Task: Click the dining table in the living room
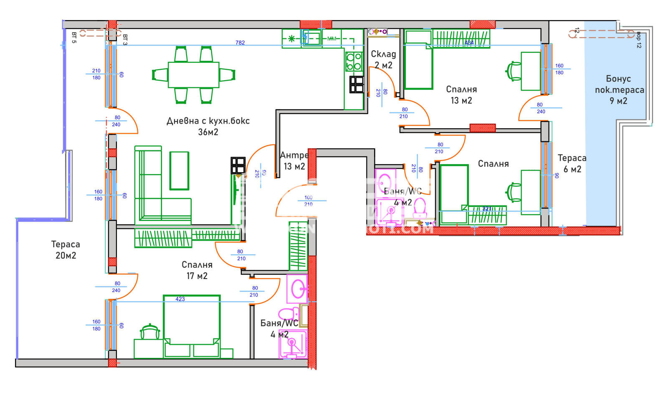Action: pos(193,75)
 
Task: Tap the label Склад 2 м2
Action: pos(383,59)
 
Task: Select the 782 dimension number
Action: pos(240,43)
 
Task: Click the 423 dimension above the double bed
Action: pos(180,299)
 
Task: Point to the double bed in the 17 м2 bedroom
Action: pos(192,326)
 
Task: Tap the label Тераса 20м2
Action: pos(66,250)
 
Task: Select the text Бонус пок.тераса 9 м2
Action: pos(619,90)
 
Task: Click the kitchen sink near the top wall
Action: pos(311,38)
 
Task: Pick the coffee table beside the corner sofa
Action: pos(179,170)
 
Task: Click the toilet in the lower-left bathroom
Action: pos(288,313)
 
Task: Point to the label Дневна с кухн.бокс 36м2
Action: pos(208,126)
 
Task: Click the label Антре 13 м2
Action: pos(294,161)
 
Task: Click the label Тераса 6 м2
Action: pos(572,163)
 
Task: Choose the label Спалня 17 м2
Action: pos(197,270)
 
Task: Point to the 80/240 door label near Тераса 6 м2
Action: pos(540,108)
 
